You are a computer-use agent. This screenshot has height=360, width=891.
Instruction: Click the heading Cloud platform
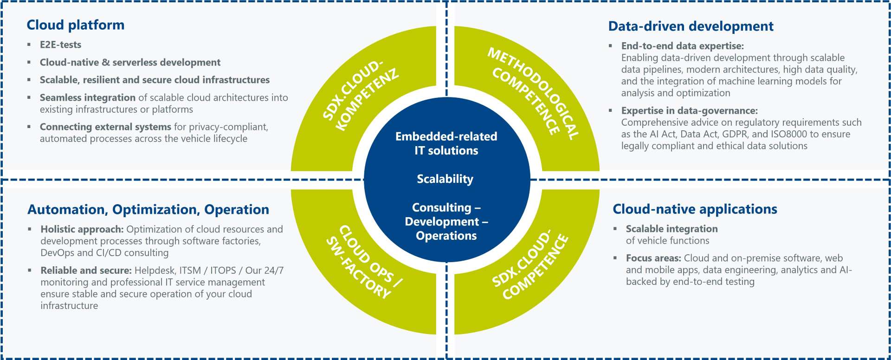coord(75,25)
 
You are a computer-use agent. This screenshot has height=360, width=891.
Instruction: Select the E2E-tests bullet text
coord(60,45)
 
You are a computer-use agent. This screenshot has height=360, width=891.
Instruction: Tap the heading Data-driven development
coord(691,26)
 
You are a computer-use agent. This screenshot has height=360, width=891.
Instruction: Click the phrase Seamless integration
coord(87,97)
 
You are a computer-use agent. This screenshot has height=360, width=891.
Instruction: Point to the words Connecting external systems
coord(105,127)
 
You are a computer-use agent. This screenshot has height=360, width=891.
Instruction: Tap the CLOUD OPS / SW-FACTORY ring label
coord(364,262)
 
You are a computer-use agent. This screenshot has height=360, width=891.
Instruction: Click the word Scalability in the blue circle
coord(445,179)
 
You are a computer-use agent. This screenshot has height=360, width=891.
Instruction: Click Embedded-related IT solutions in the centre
coord(446,143)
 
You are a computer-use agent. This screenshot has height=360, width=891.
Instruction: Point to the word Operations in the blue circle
coord(446,236)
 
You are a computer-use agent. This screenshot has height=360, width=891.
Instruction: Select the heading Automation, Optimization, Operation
coord(148,210)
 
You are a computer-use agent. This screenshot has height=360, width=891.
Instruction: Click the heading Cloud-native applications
coord(695,209)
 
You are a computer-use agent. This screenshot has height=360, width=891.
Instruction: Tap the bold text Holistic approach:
coord(82,229)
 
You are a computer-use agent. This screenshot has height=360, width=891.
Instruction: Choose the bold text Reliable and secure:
coord(86,270)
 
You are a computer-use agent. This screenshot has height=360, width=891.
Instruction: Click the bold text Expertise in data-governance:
coord(689,110)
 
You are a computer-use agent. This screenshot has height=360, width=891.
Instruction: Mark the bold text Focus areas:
coord(653,258)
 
